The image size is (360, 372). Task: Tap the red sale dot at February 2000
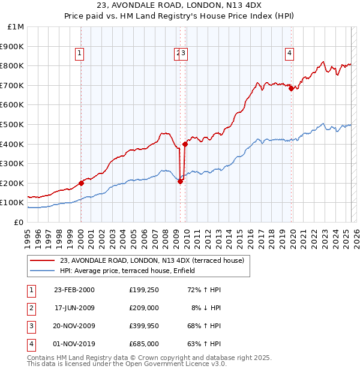[x=81, y=183]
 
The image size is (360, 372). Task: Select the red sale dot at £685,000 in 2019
[x=291, y=88]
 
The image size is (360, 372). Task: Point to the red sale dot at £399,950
[x=185, y=144]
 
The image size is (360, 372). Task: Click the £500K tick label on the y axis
[x=12, y=124]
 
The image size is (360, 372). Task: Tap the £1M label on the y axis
[x=16, y=27]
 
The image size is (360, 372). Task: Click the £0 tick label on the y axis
[x=19, y=222]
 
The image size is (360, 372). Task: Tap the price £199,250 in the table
[x=143, y=290]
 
